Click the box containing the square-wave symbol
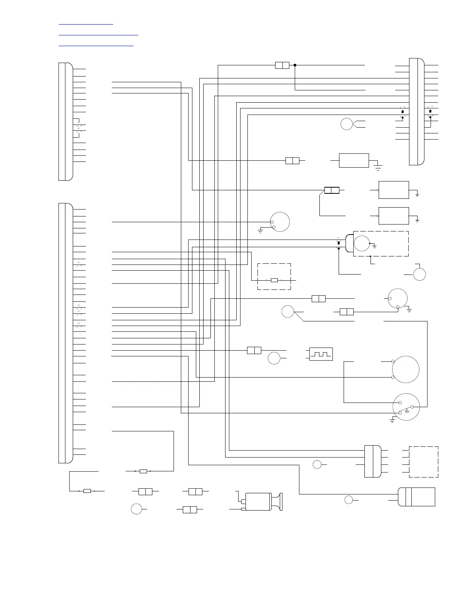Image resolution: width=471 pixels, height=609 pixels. pos(321,354)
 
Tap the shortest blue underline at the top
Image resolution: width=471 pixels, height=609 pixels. pos(86,24)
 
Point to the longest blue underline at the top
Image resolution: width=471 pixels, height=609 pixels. pos(98,35)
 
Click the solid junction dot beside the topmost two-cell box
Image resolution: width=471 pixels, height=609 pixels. pos(295,65)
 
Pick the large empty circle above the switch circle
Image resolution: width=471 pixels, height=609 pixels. pos(406,369)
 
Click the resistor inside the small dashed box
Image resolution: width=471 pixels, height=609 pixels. pos(274,280)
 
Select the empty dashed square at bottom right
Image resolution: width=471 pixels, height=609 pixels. pos(423,462)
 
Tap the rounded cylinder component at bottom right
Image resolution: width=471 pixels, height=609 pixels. pos(416,497)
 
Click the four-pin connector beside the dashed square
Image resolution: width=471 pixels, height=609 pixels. pos(372,461)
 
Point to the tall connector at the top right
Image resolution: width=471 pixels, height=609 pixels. pos(416,111)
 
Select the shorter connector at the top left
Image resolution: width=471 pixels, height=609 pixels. pos(65,121)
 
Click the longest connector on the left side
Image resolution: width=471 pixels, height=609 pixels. pos(65,333)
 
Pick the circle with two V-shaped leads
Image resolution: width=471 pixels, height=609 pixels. pos(347,124)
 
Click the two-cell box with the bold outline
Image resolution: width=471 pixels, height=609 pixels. pos(332,190)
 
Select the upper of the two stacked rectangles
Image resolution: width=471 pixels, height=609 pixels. pos(394,190)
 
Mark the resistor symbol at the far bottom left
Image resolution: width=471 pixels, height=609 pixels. pos(87,491)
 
